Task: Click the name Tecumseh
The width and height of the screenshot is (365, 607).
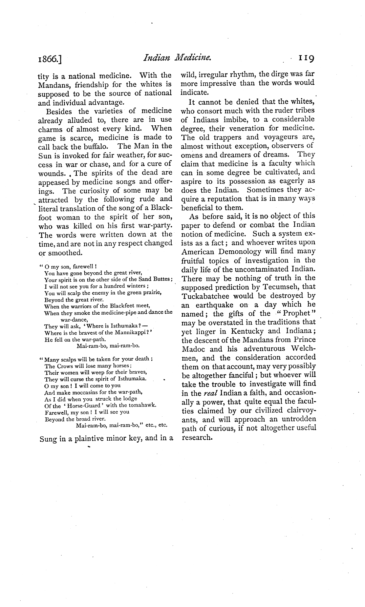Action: [x=280, y=287]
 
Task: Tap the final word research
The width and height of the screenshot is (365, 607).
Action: [x=197, y=437]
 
